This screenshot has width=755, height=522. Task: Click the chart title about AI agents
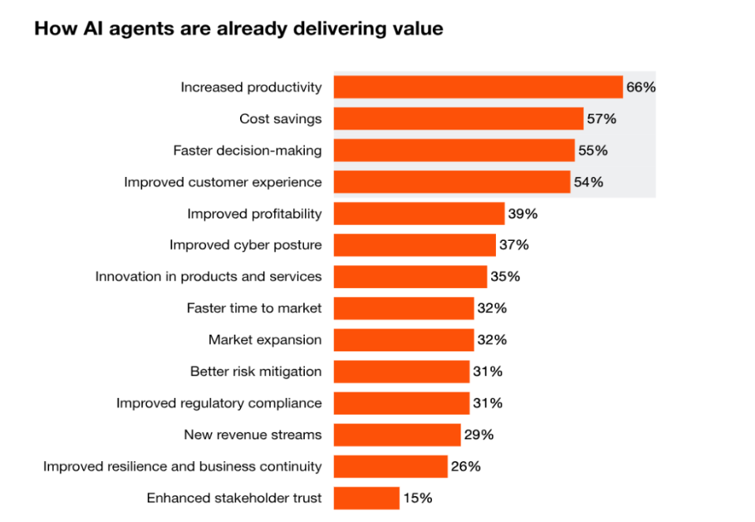[238, 29]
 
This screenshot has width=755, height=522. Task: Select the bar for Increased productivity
[478, 87]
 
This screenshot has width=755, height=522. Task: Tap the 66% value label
[640, 87]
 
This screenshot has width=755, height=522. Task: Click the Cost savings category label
[280, 118]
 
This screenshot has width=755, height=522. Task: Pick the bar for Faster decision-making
[453, 150]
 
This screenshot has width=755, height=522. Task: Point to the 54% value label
[588, 182]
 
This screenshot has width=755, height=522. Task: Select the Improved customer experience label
[223, 182]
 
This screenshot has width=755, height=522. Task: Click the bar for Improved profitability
[419, 213]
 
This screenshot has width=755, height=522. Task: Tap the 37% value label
[513, 245]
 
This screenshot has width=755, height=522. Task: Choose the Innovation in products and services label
[208, 276]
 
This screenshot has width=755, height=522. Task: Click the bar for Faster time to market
[404, 308]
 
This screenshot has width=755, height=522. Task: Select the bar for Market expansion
[404, 340]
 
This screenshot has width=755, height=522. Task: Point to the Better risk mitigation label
[256, 371]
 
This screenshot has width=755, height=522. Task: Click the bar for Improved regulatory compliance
[401, 403]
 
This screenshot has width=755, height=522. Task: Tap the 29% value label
[479, 434]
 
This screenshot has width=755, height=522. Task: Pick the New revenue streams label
[253, 434]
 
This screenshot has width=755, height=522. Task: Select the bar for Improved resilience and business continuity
[390, 466]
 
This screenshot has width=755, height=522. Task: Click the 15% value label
[417, 498]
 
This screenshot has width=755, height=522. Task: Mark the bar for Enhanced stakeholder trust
[366, 498]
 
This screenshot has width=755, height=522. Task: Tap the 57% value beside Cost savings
[601, 118]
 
